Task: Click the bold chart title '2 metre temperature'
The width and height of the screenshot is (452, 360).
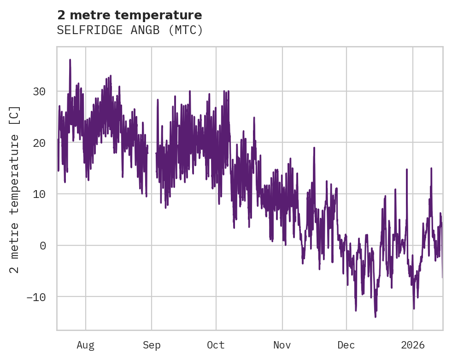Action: [x=129, y=15]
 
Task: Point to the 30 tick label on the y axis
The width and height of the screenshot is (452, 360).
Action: [x=39, y=92]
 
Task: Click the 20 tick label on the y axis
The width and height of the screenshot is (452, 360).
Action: [x=39, y=143]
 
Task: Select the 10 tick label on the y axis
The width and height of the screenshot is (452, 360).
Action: [x=39, y=194]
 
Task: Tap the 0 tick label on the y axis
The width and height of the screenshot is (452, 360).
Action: [x=42, y=245]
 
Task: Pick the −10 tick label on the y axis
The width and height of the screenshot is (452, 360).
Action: [x=36, y=296]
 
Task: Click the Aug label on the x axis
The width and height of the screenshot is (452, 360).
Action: [x=85, y=345]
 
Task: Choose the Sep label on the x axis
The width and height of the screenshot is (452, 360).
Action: [x=152, y=345]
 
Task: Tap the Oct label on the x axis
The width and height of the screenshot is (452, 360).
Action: [x=216, y=345]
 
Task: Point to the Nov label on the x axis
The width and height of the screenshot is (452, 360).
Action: [x=282, y=345]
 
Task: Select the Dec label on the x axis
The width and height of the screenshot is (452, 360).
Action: [x=346, y=345]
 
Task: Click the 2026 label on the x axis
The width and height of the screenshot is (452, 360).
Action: [x=412, y=345]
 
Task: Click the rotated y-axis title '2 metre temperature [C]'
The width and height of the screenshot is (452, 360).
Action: [x=15, y=189]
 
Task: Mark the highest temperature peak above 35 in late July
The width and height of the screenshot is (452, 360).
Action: [x=70, y=60]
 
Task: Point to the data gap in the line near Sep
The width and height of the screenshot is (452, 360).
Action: [x=152, y=159]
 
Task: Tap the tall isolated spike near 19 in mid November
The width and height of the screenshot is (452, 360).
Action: [x=314, y=148]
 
